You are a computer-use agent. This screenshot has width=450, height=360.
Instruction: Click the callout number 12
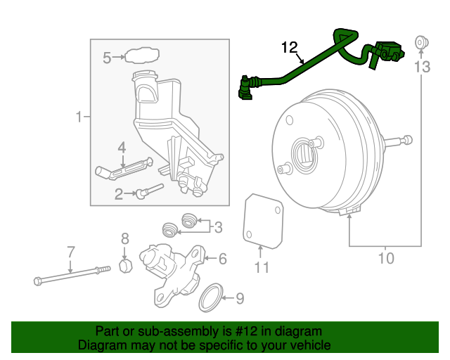coord(290,47)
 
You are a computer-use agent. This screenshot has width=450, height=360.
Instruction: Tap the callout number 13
coord(421,67)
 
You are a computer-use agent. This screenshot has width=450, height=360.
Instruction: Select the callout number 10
coord(386,259)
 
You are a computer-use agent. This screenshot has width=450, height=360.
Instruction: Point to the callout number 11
coord(262,267)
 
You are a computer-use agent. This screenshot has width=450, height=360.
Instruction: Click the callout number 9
coord(240,299)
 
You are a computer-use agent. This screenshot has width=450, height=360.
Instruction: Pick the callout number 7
coord(70,252)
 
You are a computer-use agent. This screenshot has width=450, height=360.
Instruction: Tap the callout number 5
coord(107,58)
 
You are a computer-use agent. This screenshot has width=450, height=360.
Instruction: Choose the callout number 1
coord(79,116)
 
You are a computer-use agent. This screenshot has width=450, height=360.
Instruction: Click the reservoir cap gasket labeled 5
coord(141,56)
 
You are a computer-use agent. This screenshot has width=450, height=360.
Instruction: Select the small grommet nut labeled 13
coord(422,41)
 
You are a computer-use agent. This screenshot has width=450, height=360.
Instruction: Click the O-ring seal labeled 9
coord(211,297)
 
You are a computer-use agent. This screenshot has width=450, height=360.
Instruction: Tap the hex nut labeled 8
coord(124,267)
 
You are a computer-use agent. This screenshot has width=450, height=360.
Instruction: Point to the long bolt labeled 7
coord(70,274)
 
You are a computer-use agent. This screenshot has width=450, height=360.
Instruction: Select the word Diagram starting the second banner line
coord(101,346)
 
